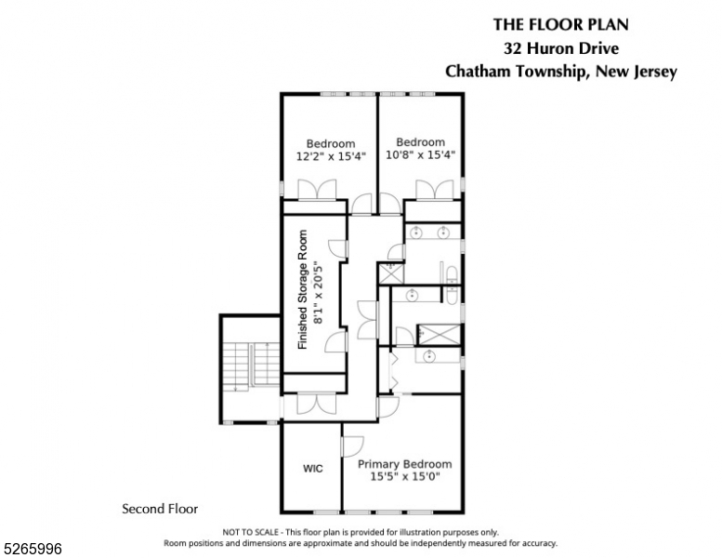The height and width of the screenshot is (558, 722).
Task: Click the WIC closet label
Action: (313, 468)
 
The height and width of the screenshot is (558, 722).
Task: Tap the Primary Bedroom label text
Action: (404, 464)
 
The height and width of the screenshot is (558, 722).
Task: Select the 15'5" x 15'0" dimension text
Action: (404, 476)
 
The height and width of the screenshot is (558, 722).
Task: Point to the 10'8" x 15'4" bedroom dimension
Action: (420, 154)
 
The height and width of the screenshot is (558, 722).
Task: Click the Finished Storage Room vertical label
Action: (302, 290)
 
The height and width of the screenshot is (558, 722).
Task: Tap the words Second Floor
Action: (160, 509)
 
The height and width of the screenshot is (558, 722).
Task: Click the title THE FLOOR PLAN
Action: (561, 25)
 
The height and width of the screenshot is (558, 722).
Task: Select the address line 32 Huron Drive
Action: (561, 48)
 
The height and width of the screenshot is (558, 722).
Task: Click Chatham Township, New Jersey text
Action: (561, 72)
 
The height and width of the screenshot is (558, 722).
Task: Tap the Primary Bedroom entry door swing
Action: (353, 446)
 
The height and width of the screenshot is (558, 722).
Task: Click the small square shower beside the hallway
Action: (388, 273)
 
